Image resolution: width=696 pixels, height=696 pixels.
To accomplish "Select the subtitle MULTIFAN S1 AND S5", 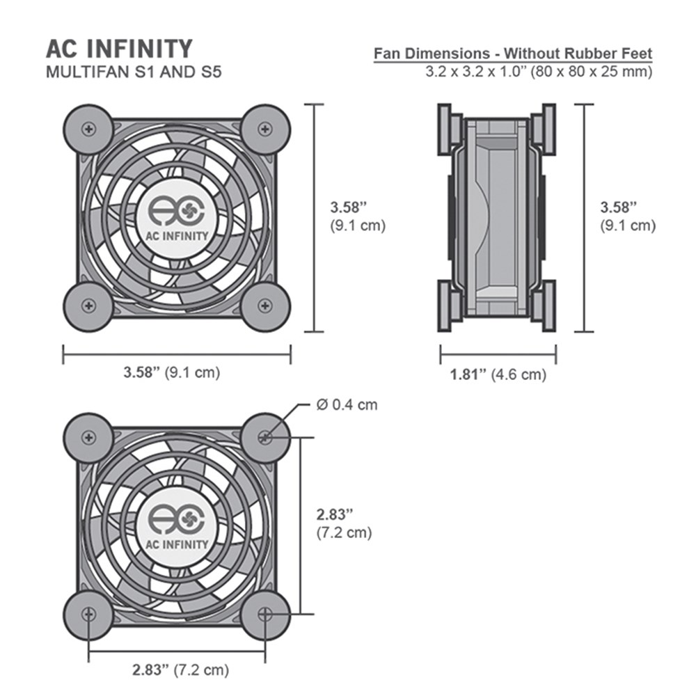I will tap(133, 72).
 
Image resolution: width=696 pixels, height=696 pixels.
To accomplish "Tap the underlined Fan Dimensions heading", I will tap(513, 54).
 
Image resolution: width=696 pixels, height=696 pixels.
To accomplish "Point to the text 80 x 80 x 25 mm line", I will tap(539, 71).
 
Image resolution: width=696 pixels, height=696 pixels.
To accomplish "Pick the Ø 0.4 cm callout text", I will tap(346, 404).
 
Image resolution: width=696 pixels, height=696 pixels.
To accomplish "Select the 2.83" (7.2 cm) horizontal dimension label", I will tap(180, 671).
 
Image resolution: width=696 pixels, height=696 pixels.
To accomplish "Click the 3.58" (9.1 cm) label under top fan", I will tap(171, 372).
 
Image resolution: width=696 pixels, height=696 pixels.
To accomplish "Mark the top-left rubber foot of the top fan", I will tap(88, 129).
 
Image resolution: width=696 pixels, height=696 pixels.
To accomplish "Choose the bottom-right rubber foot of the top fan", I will tap(265, 305).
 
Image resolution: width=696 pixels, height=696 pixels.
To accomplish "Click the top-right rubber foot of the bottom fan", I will tap(265, 437).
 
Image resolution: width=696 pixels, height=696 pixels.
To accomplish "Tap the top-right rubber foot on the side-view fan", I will tap(543, 129).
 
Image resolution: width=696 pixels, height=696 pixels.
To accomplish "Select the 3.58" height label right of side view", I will tap(627, 216).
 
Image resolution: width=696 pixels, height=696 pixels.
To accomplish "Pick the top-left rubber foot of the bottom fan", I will tap(88, 437).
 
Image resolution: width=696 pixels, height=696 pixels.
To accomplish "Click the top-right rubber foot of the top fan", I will tap(265, 129).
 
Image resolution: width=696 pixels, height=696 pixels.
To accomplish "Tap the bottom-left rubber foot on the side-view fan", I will tap(449, 306).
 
